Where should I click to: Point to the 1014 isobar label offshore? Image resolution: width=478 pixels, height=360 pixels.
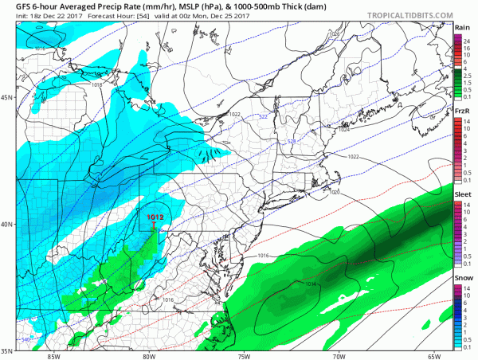(288, 284)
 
